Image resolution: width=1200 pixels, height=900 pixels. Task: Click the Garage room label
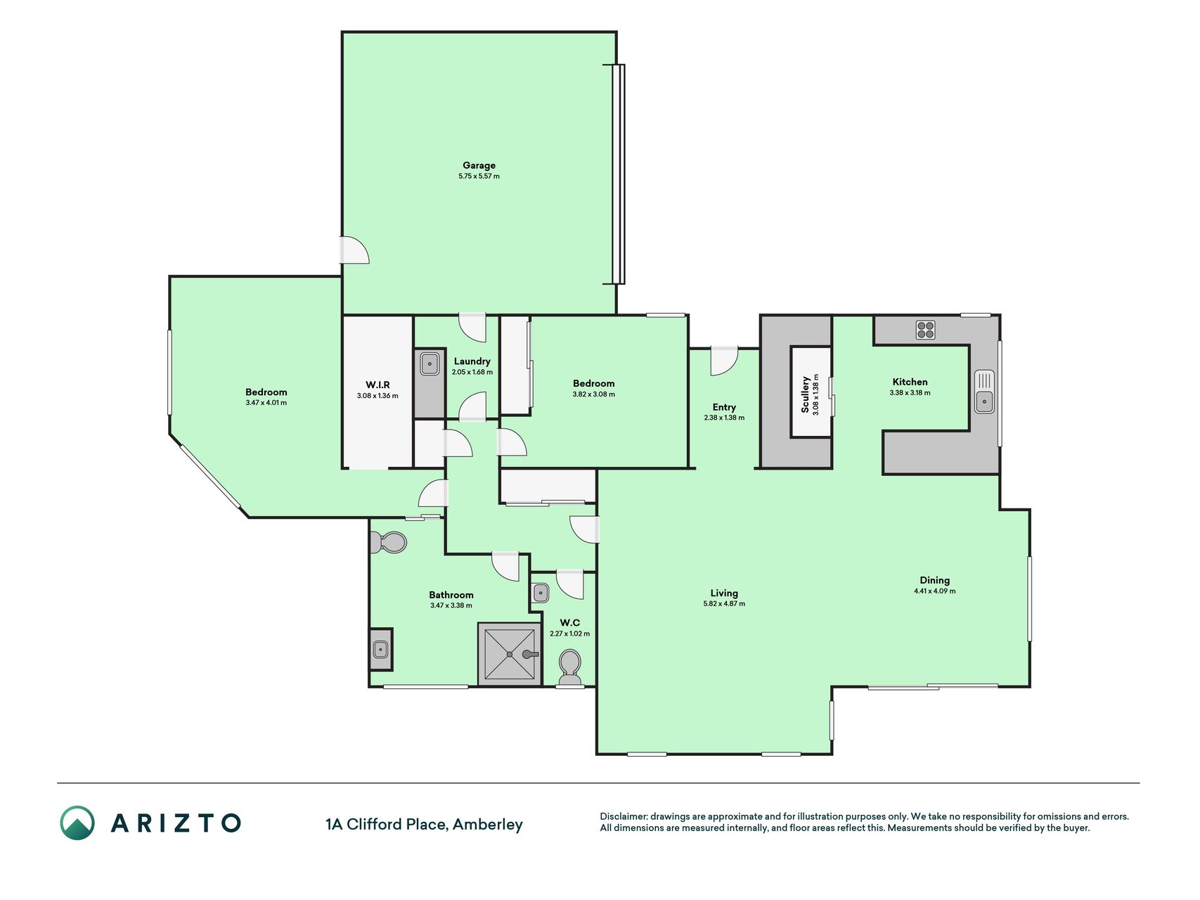(x=479, y=165)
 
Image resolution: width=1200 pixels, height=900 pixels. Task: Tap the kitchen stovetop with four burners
(x=926, y=329)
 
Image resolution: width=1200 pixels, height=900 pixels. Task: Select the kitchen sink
(x=984, y=391)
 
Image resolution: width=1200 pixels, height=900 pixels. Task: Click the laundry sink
(x=430, y=364)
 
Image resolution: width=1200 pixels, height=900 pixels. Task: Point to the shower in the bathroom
(x=510, y=654)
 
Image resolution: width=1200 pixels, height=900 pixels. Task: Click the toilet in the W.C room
(x=569, y=667)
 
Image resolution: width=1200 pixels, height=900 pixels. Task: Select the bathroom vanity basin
(x=381, y=649)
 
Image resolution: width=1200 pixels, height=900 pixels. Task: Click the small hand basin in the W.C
(x=540, y=593)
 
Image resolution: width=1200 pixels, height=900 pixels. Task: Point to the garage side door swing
(x=355, y=250)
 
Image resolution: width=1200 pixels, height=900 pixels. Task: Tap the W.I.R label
(x=378, y=385)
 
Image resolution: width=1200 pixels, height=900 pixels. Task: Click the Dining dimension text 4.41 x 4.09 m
(x=934, y=591)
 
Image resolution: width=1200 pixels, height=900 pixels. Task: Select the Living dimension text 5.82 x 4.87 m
(x=724, y=604)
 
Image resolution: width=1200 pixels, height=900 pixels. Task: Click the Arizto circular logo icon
(x=77, y=823)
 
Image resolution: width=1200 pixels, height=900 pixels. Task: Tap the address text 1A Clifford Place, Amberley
(x=424, y=824)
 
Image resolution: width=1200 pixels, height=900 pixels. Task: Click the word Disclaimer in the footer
(x=622, y=816)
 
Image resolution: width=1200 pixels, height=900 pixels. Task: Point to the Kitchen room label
(x=910, y=382)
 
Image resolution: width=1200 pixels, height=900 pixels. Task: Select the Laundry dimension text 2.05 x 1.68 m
(x=472, y=372)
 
